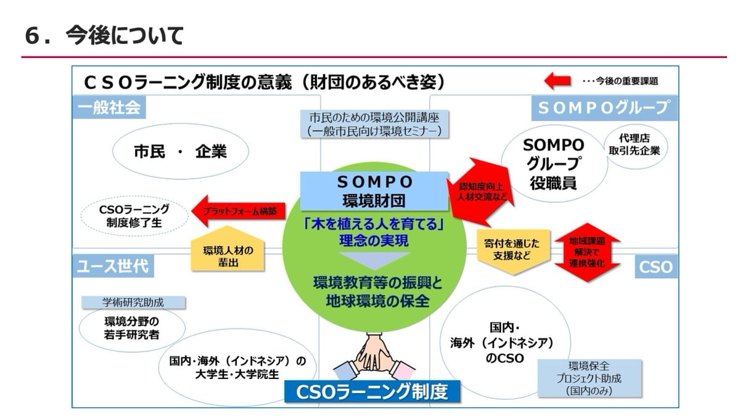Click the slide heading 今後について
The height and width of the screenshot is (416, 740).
[x=125, y=35]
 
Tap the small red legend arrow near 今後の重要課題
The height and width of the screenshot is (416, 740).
[x=557, y=81]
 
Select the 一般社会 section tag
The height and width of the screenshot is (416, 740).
[x=109, y=107]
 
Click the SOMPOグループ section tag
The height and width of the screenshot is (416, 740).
[x=604, y=108]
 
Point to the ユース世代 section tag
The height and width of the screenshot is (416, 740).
[x=113, y=266]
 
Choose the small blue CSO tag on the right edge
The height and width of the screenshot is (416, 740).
[x=656, y=267]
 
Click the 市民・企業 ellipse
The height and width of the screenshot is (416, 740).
[x=180, y=152]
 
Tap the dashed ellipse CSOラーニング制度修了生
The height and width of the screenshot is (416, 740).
[x=134, y=216]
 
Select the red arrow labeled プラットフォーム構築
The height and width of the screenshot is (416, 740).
[x=239, y=211]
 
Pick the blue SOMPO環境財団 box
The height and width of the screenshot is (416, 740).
[x=374, y=192]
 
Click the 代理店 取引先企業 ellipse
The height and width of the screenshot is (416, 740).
[x=635, y=146]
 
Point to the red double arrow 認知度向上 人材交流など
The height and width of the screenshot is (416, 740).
[x=481, y=192]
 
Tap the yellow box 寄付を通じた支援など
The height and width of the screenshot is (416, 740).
[x=513, y=251]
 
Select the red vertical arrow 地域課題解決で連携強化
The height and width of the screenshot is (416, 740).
[x=587, y=252]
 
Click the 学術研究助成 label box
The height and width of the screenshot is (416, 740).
[x=133, y=303]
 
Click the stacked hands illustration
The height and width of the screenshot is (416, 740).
[x=374, y=357]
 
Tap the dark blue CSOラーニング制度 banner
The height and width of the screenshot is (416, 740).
[x=372, y=391]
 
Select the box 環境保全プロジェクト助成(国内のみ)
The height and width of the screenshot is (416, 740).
[x=590, y=378]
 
